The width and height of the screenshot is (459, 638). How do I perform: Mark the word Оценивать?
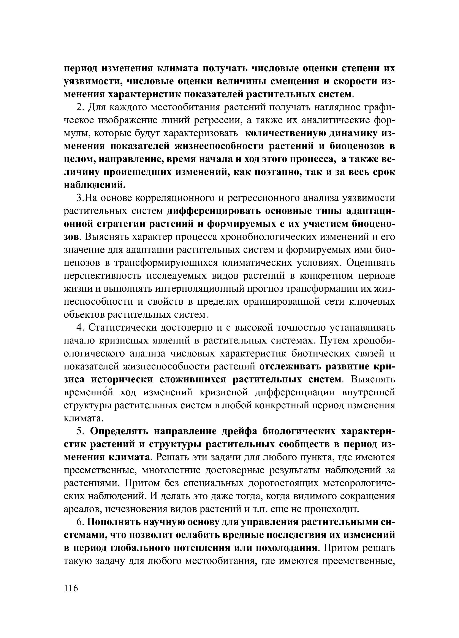(370, 263)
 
